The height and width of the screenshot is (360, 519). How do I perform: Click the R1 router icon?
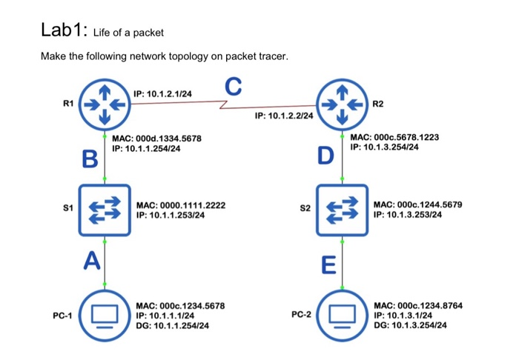[105, 104]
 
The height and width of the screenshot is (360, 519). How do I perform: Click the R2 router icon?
[342, 104]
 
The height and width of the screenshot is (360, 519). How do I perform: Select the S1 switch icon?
[105, 210]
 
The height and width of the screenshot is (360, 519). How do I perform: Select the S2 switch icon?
[342, 210]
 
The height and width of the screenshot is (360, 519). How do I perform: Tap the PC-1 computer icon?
[105, 316]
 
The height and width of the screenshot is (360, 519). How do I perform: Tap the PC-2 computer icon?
[342, 316]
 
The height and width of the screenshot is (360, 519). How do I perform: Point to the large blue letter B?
[90, 159]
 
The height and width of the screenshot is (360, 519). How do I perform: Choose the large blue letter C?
[233, 87]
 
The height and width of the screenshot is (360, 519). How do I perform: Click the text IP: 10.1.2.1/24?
[162, 94]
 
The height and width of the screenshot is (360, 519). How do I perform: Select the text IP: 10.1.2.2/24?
[283, 116]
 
